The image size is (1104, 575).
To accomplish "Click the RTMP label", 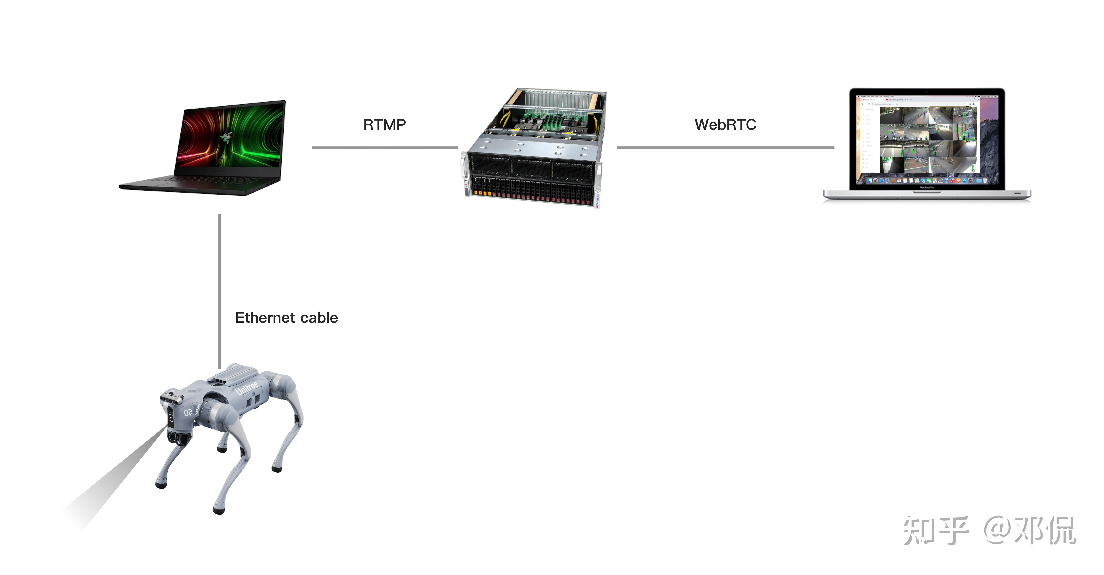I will (x=384, y=125).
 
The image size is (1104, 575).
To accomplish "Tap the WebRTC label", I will (x=725, y=125).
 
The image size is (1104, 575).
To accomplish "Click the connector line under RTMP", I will (x=384, y=148).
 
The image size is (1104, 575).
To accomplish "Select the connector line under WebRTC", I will (x=725, y=148).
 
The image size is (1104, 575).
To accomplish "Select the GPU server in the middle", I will (x=534, y=148).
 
